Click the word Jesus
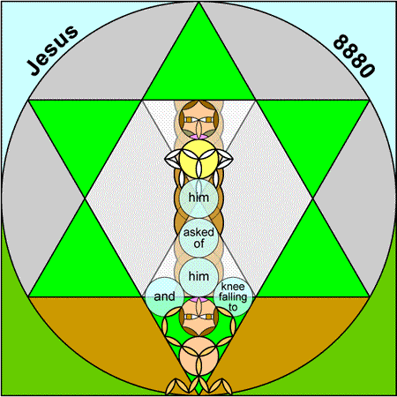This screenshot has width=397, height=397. point(52,50)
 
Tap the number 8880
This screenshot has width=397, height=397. point(354,56)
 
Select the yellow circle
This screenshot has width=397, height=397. point(198,159)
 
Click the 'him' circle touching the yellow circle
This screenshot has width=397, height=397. point(198,198)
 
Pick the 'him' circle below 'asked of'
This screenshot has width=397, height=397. point(198,277)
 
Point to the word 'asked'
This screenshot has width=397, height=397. point(198,232)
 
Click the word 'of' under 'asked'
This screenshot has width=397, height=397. point(198,243)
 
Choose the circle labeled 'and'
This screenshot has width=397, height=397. point(164,296)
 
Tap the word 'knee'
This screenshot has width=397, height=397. point(233,286)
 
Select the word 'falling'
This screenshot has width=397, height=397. point(233,296)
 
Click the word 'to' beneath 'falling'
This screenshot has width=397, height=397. point(233,307)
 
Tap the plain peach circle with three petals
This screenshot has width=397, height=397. point(198,356)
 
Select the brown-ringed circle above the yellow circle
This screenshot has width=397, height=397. point(198,120)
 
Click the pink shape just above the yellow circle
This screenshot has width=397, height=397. point(198,137)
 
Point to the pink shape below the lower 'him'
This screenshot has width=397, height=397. point(198,300)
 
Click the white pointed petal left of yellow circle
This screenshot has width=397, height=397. point(172,159)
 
